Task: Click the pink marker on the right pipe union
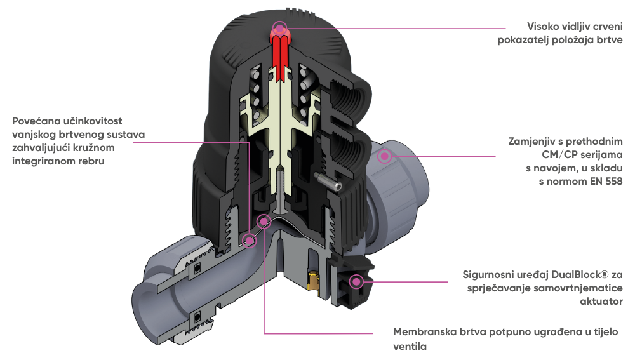384,156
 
